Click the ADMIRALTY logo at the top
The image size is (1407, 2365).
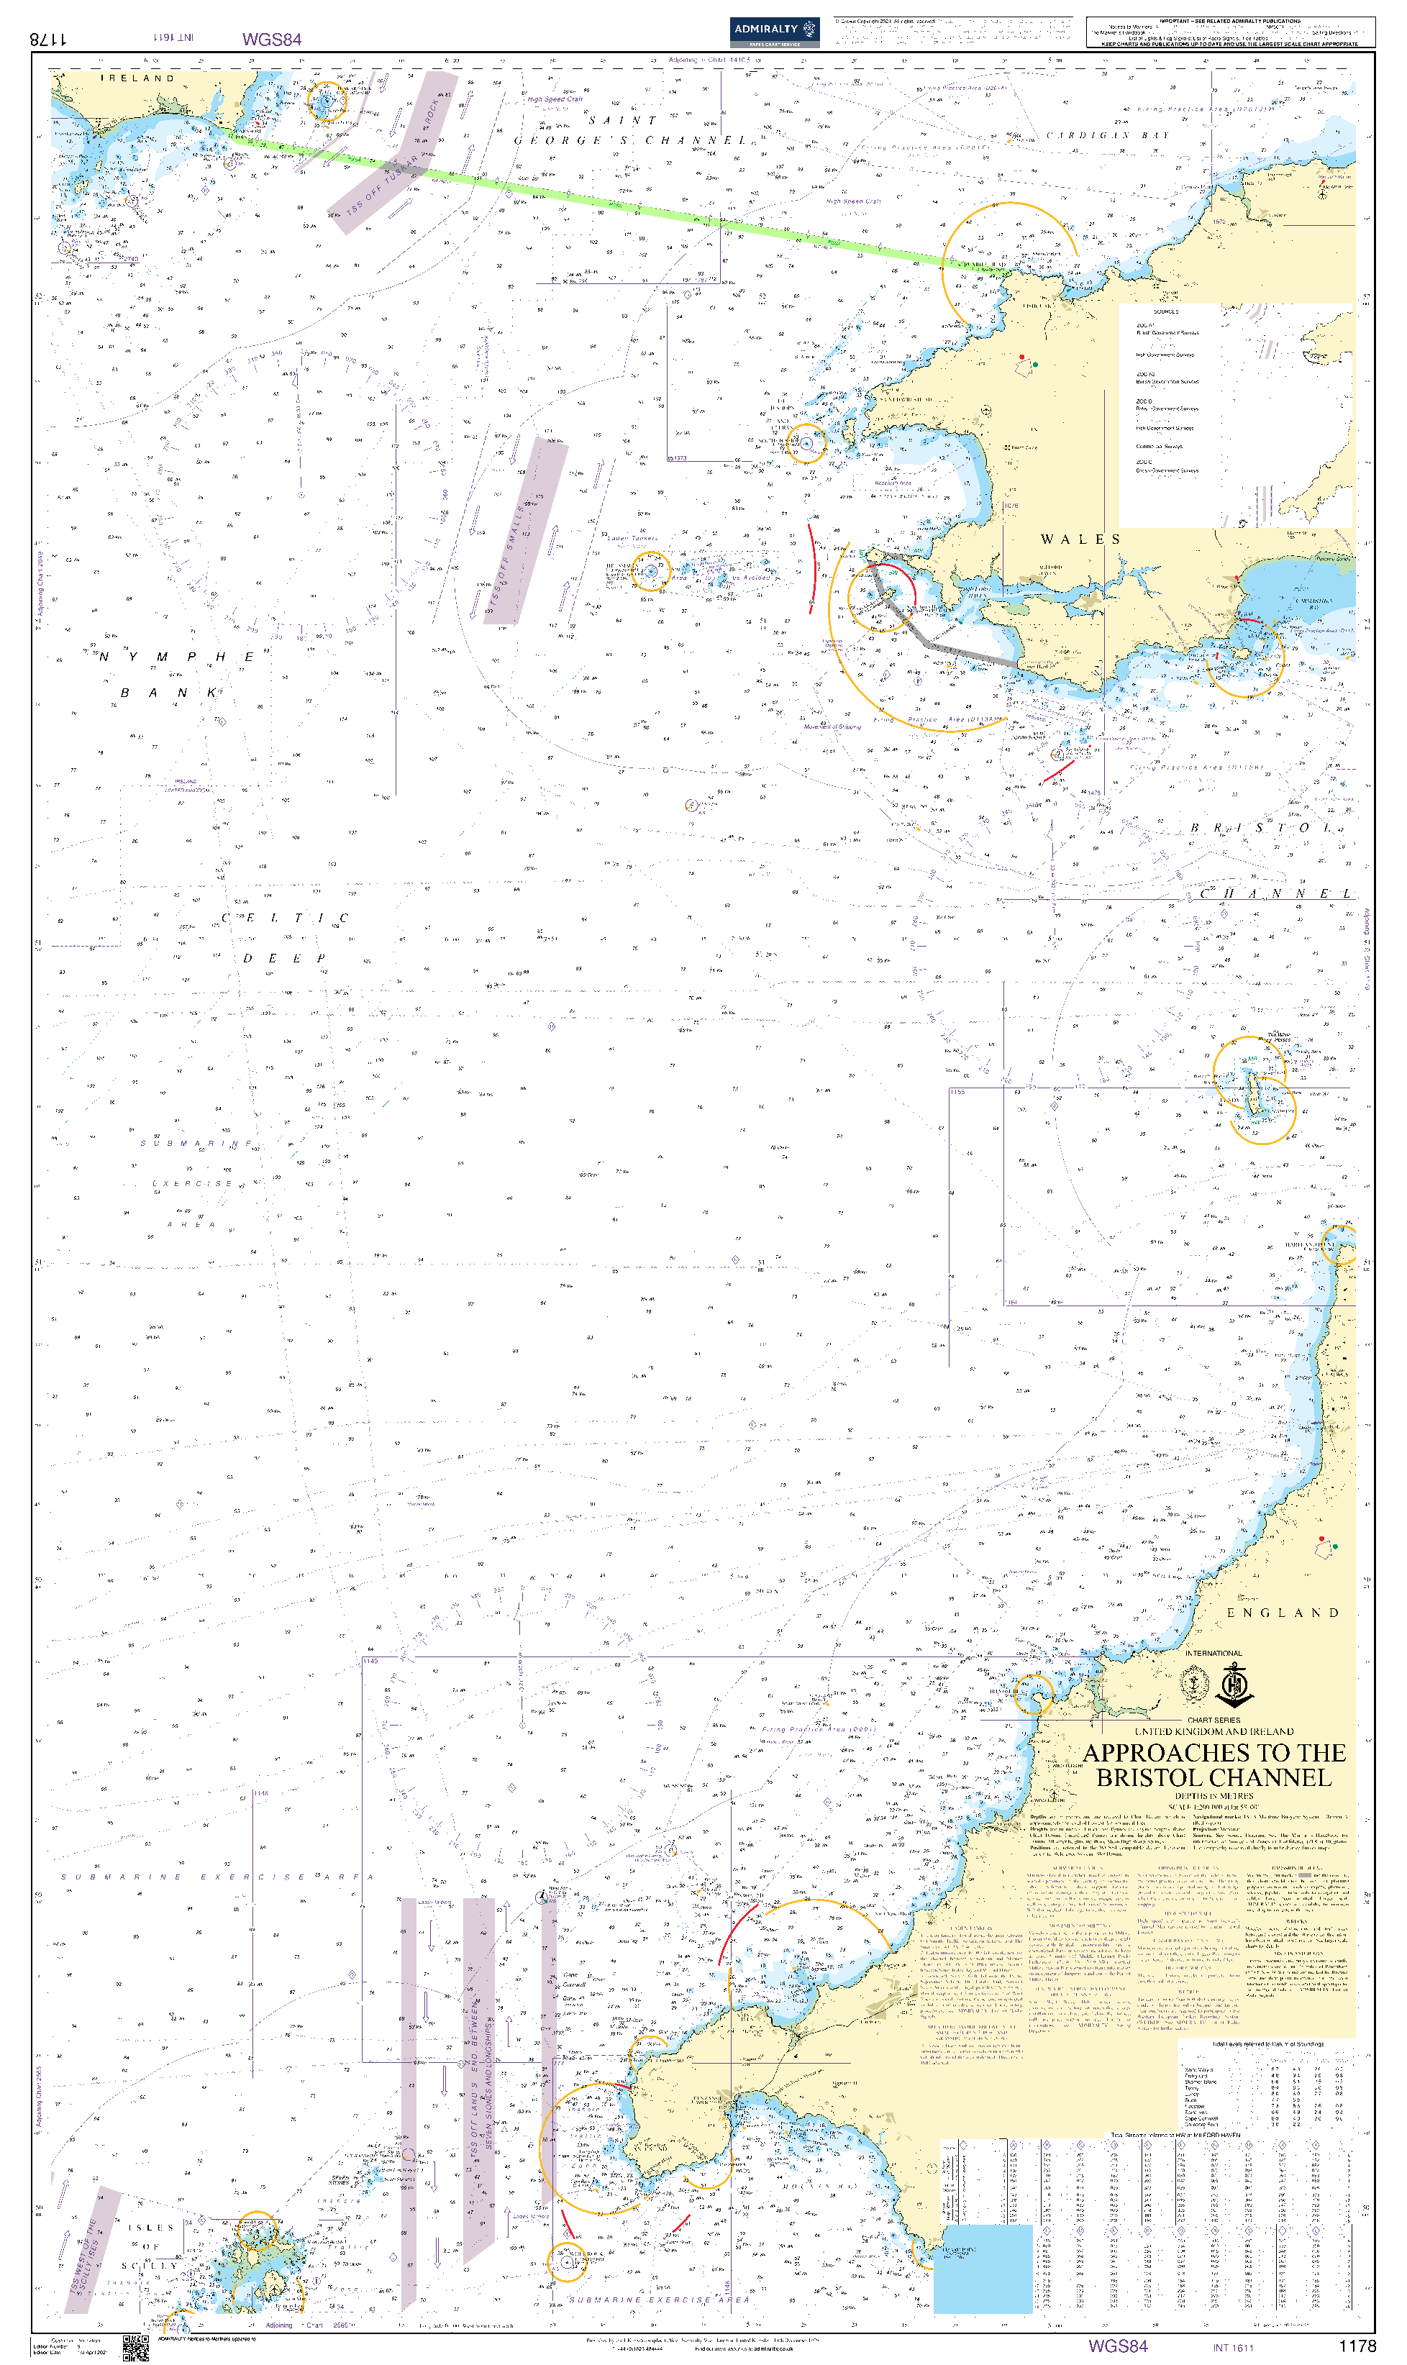pyautogui.click(x=774, y=30)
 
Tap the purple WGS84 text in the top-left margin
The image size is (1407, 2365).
pyautogui.click(x=272, y=39)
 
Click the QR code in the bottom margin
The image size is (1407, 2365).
pyautogui.click(x=135, y=2348)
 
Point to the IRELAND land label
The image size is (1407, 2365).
pyautogui.click(x=138, y=78)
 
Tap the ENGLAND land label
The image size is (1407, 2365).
pyautogui.click(x=1283, y=1613)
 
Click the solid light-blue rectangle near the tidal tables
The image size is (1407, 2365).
pyautogui.click(x=983, y=2267)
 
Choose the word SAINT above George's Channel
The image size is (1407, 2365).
pyautogui.click(x=622, y=120)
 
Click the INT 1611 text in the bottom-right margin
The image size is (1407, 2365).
pyautogui.click(x=1232, y=2348)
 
